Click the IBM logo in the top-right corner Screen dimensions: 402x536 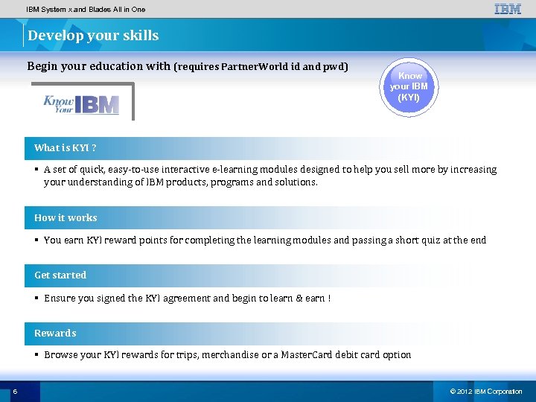click(x=508, y=10)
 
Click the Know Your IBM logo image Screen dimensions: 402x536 click(x=81, y=103)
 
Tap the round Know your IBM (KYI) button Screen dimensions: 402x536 click(x=409, y=87)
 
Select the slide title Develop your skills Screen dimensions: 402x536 click(x=93, y=36)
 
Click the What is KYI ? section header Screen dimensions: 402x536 click(x=66, y=148)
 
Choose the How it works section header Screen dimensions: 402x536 click(x=66, y=218)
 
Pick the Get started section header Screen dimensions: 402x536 click(x=60, y=275)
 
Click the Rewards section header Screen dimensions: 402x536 click(x=55, y=333)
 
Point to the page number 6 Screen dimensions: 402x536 click(x=15, y=392)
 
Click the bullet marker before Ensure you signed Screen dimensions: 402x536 click(x=36, y=298)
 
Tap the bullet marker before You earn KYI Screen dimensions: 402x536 click(x=36, y=240)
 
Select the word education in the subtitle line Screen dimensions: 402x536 click(x=116, y=66)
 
